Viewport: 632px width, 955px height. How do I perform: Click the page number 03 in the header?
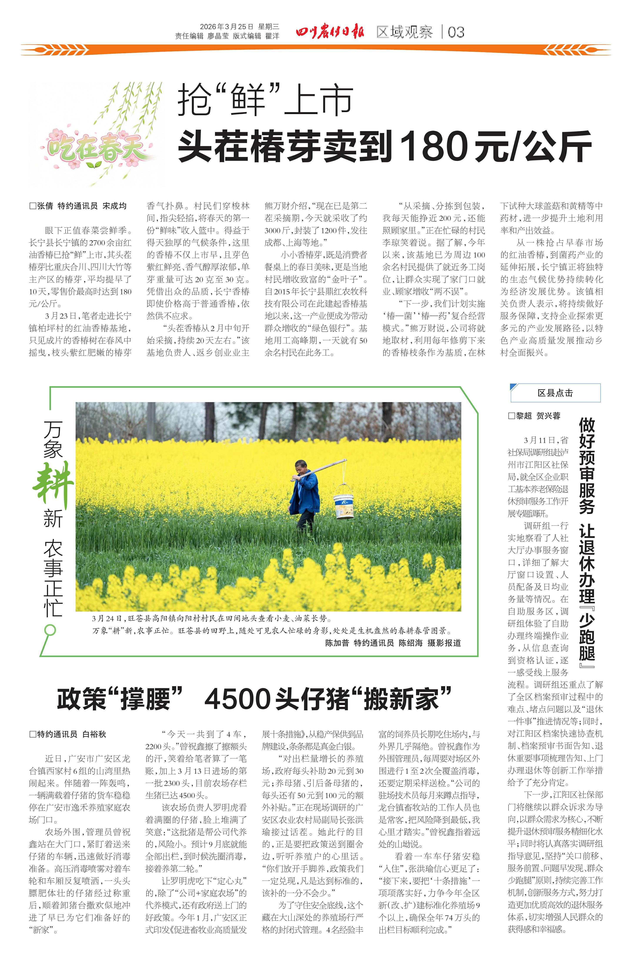(x=456, y=32)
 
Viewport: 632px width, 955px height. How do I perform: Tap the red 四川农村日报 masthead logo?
(x=330, y=32)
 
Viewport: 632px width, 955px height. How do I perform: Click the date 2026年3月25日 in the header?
(x=227, y=27)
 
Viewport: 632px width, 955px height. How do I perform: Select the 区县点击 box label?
(x=555, y=393)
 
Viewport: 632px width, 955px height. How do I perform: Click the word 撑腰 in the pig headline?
(x=146, y=699)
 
